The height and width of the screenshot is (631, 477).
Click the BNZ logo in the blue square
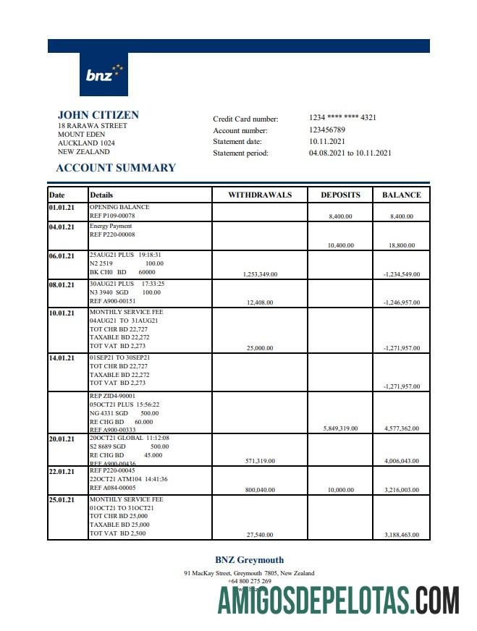coord(104,75)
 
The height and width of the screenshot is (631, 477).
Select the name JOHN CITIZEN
coord(98,115)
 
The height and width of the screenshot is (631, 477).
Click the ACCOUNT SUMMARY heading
coord(116,168)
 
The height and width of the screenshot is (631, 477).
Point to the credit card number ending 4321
coord(342,117)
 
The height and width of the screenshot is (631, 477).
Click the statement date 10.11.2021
coord(326,141)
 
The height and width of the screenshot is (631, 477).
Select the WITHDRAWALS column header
coord(260,195)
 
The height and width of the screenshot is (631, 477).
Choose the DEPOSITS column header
coord(340,195)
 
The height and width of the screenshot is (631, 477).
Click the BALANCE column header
coord(401,195)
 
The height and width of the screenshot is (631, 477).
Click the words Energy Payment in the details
coord(111,226)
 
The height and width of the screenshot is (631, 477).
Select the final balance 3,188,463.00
coord(402,535)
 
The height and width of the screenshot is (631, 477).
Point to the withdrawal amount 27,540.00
coord(260,535)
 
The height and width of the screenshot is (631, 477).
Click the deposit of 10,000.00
coord(341,490)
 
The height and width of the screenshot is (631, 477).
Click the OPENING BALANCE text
coord(119,207)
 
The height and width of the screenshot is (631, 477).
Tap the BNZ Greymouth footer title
coord(249,559)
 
